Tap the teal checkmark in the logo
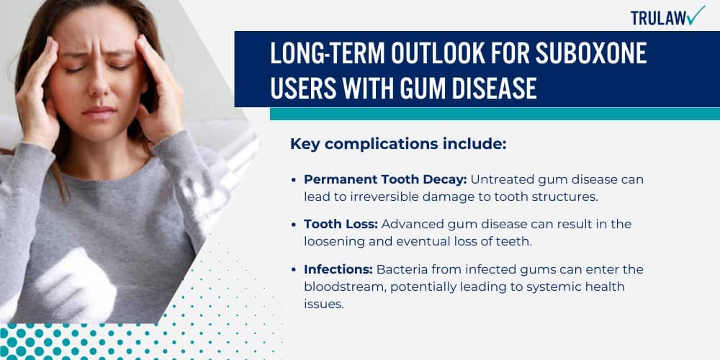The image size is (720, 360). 696,14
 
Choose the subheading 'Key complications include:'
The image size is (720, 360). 398,144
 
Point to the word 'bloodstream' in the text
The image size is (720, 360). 338,287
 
